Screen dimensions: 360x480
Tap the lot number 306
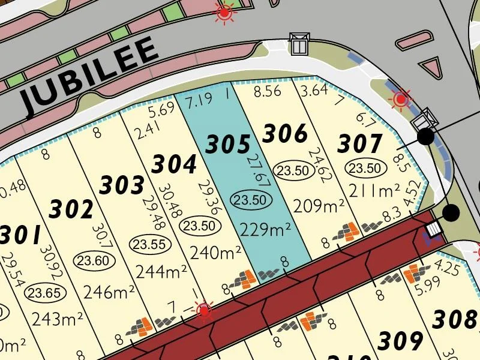(x=285, y=133)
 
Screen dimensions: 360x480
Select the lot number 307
(x=360, y=144)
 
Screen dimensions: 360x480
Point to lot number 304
(x=174, y=163)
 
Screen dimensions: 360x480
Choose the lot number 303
(x=122, y=185)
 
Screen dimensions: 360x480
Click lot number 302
(x=71, y=209)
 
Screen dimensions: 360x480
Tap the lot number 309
(x=400, y=341)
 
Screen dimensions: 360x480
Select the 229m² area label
(x=265, y=229)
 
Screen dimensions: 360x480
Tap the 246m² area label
(x=109, y=292)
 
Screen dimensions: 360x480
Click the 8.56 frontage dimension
(x=267, y=92)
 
